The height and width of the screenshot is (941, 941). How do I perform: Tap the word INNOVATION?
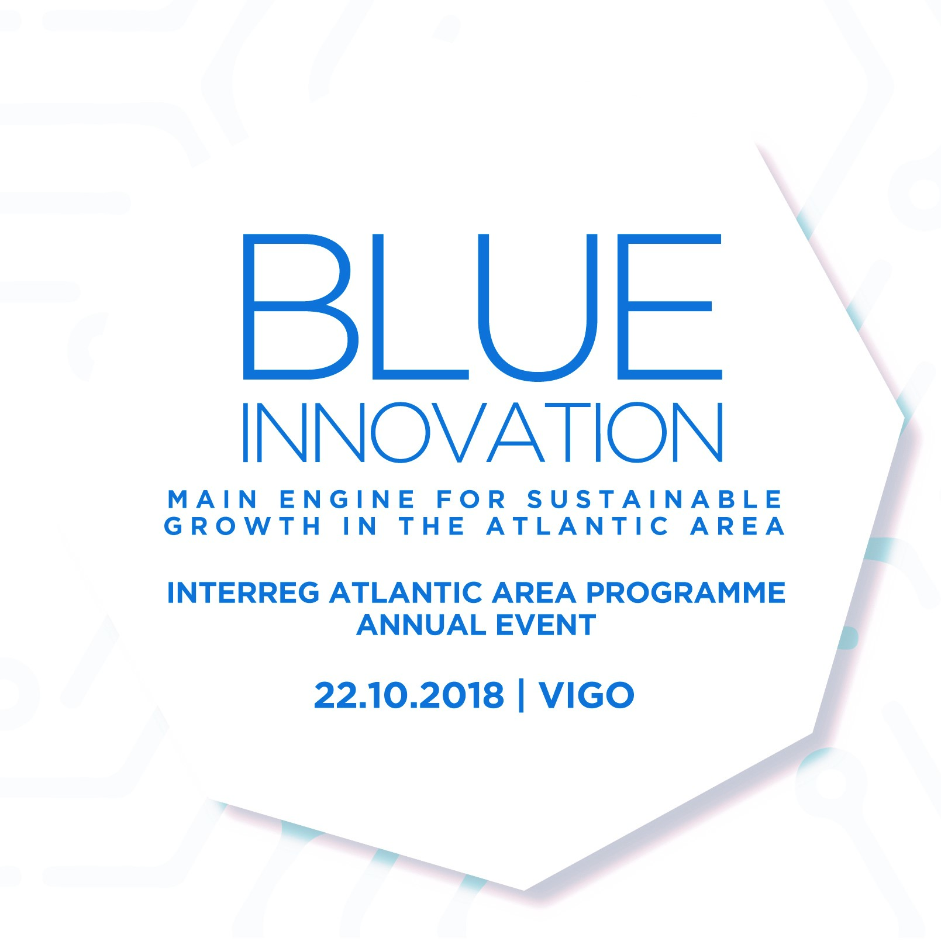(483, 432)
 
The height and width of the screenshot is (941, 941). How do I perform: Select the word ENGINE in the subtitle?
(347, 499)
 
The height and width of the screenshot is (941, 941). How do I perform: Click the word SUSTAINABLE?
(655, 499)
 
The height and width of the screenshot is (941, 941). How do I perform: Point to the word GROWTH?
(243, 526)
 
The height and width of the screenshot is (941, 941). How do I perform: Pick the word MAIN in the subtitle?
(213, 499)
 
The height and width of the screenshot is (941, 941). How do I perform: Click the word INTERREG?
(243, 593)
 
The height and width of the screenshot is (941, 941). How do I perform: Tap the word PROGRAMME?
(685, 593)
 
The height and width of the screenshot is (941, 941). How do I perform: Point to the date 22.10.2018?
(409, 695)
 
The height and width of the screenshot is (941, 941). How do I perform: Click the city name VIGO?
(587, 695)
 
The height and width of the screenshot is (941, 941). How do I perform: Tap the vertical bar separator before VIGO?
(521, 695)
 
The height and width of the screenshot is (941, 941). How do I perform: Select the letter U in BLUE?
(538, 307)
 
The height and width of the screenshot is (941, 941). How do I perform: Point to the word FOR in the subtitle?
(471, 499)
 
